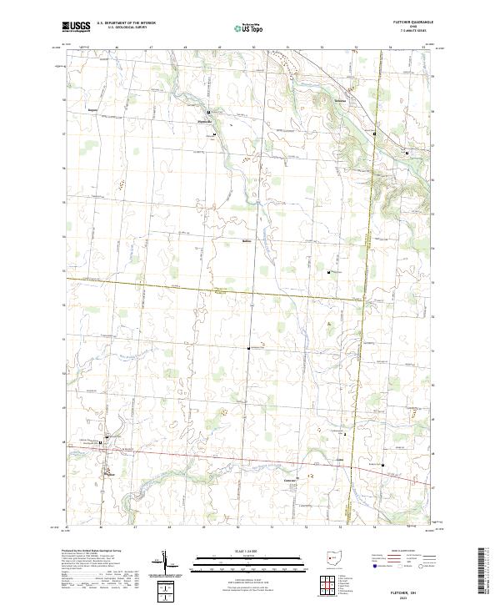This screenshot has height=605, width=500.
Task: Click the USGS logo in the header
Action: (x=77, y=27)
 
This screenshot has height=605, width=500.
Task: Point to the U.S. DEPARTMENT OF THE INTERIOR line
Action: (x=126, y=23)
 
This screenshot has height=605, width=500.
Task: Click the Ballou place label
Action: (x=246, y=243)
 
